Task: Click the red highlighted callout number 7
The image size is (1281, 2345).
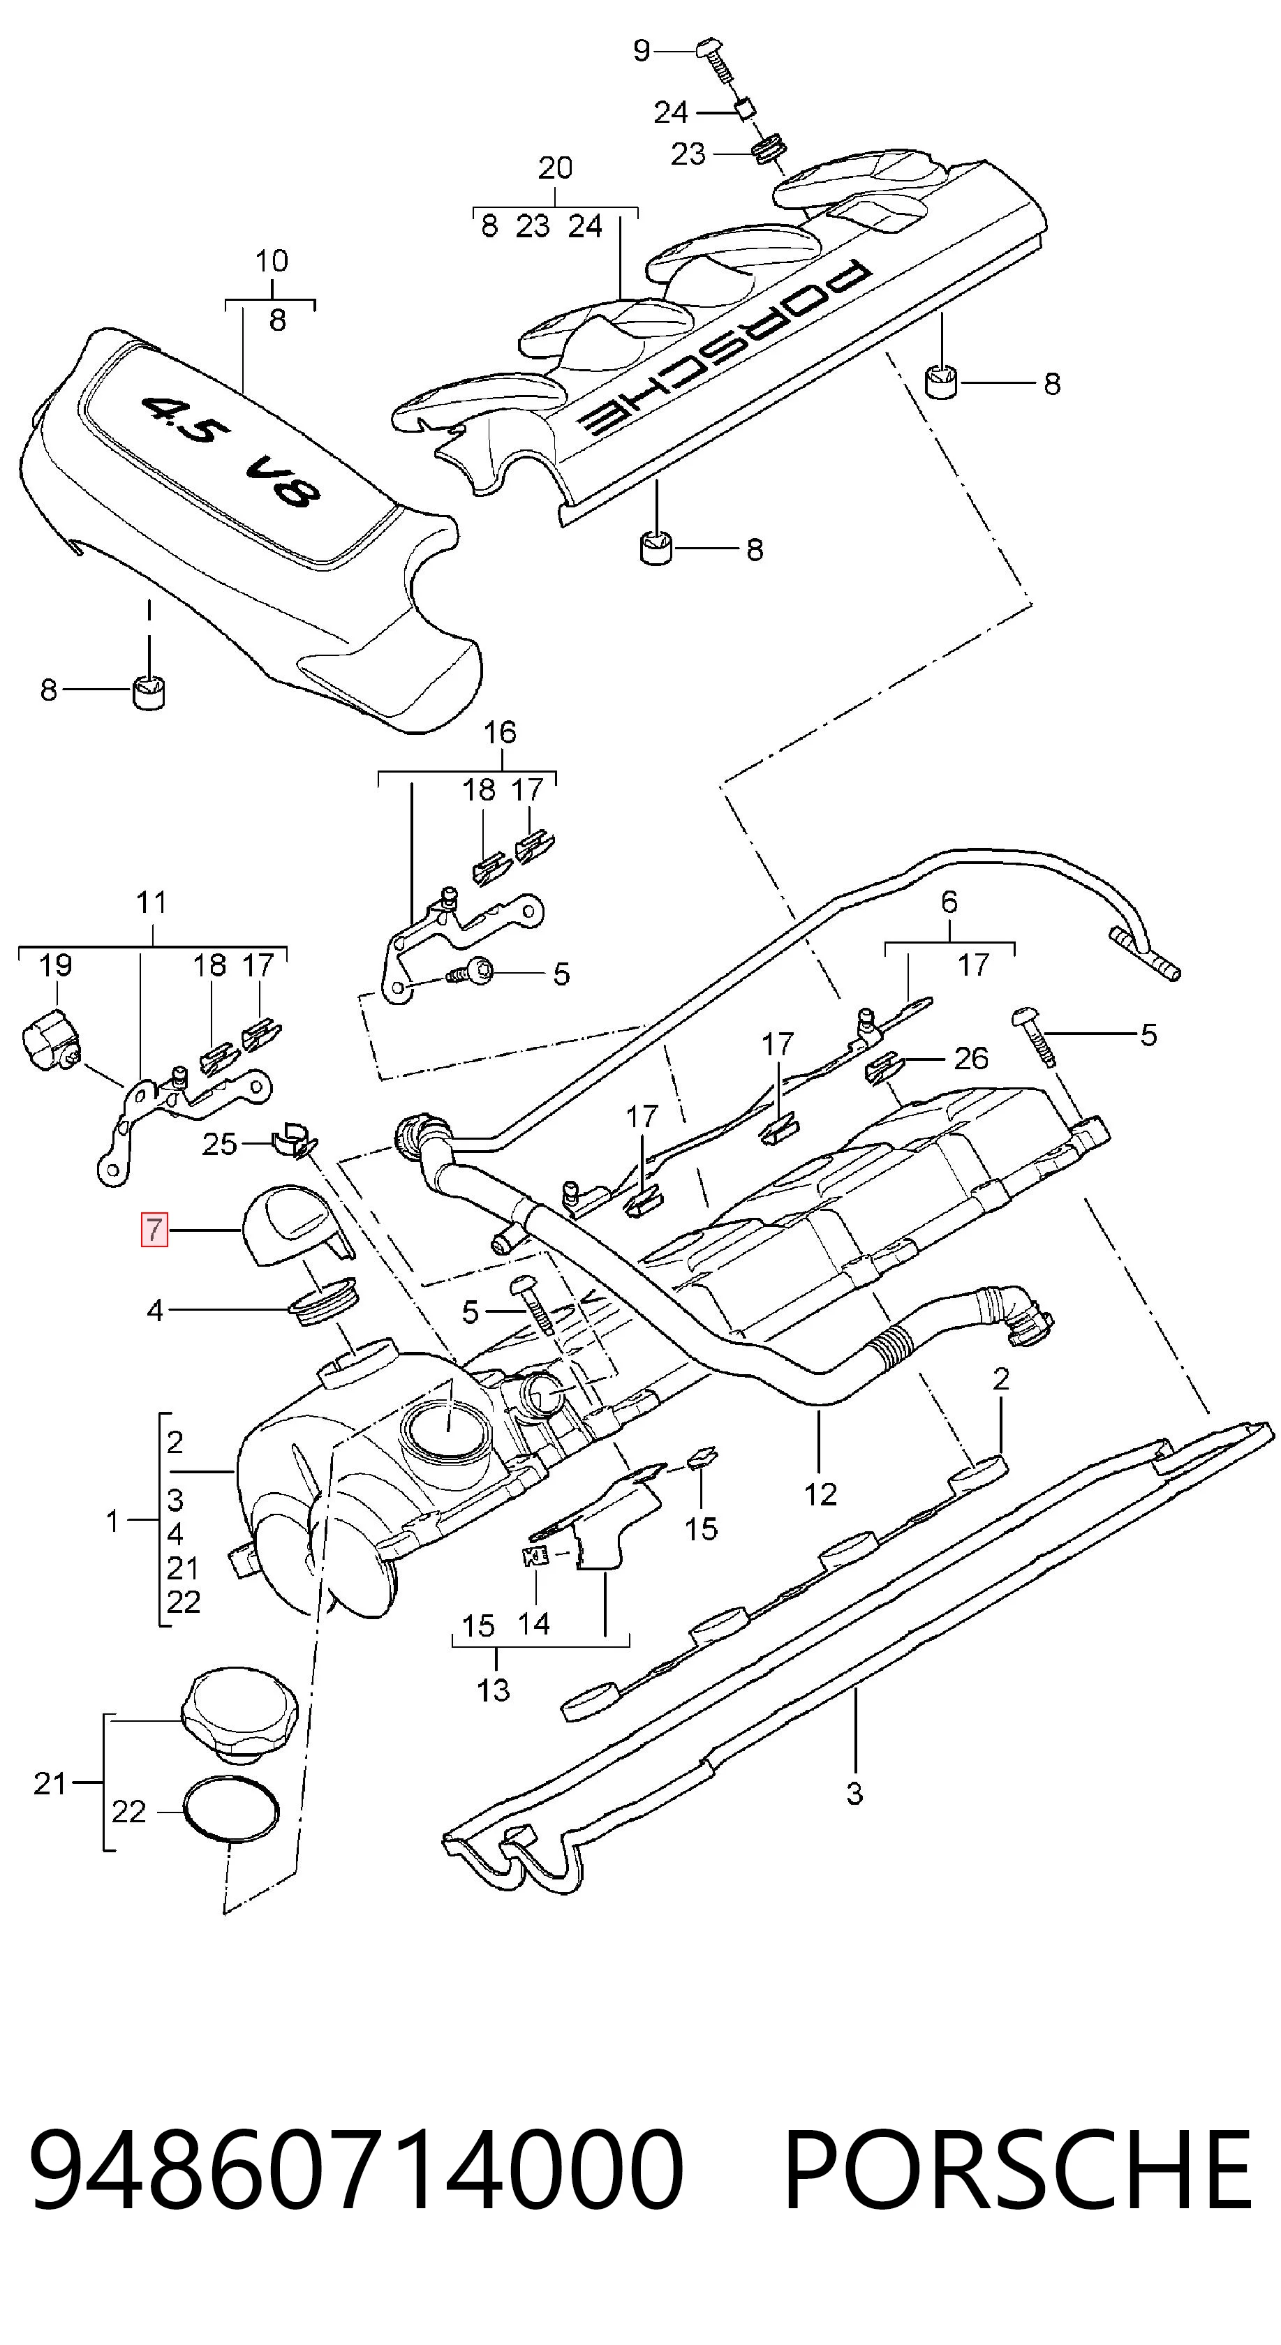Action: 154,1230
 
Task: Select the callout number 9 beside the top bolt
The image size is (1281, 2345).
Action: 642,51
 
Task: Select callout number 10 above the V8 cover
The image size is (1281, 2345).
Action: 272,261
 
